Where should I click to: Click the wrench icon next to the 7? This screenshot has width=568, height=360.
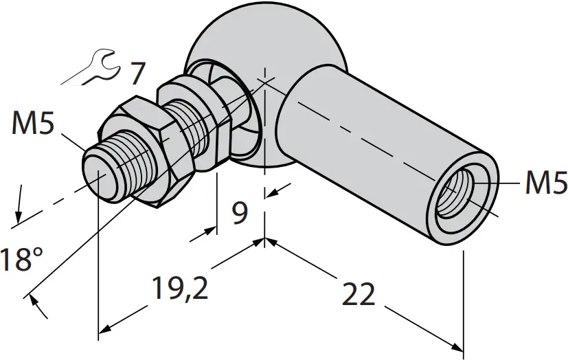(99, 67)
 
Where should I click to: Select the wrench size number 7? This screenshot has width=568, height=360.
(137, 72)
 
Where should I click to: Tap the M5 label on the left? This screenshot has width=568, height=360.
(33, 126)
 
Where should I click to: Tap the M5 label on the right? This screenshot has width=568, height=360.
(546, 183)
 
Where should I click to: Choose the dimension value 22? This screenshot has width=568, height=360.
(358, 294)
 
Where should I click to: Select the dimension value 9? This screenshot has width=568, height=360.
(239, 213)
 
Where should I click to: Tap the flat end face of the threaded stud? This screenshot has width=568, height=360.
(100, 176)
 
